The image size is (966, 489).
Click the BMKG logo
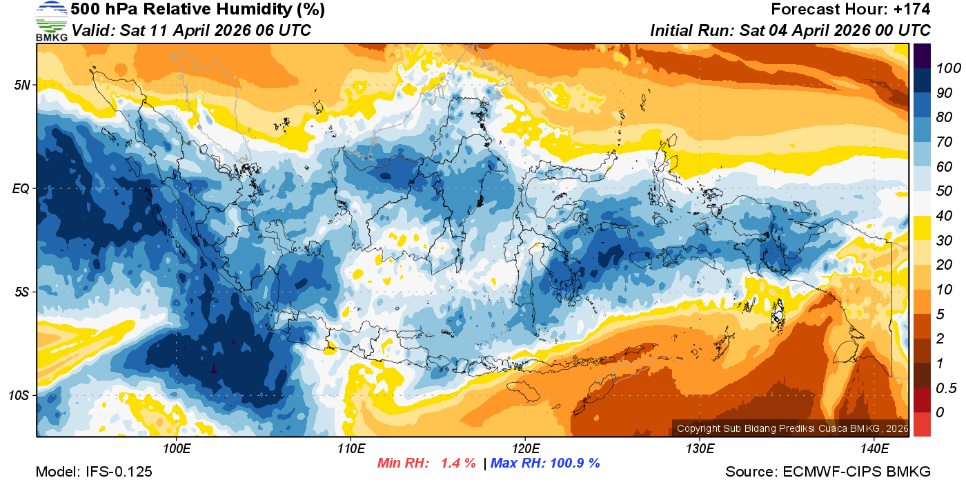pos(51,21)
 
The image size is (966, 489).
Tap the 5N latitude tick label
pos(21,86)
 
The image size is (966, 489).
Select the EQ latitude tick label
pos(21,188)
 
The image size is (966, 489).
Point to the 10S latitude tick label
pos(19,395)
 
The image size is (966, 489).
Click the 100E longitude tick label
pos(177,450)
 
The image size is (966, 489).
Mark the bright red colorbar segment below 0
pos(922,424)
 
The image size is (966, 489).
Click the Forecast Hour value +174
pos(915,10)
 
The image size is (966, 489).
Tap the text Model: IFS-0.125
pos(94,472)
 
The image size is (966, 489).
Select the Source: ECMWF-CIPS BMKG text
pos(828,472)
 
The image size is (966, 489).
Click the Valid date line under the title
pos(191,30)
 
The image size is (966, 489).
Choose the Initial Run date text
pos(790,30)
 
